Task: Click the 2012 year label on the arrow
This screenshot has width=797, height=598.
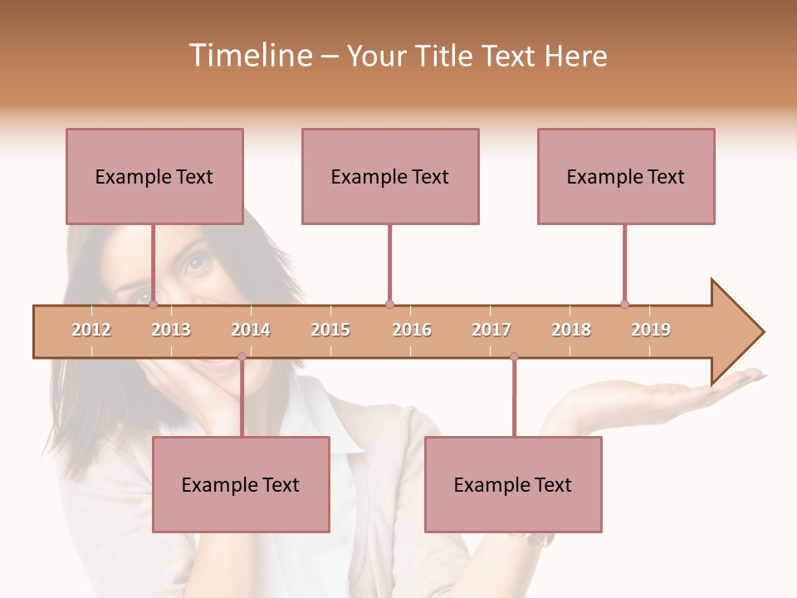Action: [x=91, y=330]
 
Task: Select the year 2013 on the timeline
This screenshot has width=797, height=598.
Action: [x=171, y=330]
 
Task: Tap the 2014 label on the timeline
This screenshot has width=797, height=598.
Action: [x=251, y=330]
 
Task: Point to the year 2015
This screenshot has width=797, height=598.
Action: [x=330, y=330]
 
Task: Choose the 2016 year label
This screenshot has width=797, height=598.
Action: [x=412, y=330]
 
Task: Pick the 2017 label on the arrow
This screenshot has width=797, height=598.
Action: [x=491, y=330]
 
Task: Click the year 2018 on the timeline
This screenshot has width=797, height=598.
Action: [x=571, y=330]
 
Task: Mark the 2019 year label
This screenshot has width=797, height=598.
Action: [x=651, y=330]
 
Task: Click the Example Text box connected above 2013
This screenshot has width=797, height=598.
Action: [x=154, y=176]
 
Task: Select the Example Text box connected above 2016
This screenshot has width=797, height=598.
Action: [x=390, y=176]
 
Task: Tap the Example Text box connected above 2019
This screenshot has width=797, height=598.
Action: [x=626, y=176]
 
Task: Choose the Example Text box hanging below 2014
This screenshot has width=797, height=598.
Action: [x=241, y=484]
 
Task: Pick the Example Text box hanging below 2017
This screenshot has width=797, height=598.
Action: [x=513, y=484]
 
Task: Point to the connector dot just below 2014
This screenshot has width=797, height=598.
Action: [x=242, y=357]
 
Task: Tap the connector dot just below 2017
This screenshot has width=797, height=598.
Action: [x=514, y=357]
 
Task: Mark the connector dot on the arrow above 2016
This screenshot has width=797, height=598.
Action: [x=389, y=304]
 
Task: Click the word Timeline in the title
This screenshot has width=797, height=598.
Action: [x=250, y=56]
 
